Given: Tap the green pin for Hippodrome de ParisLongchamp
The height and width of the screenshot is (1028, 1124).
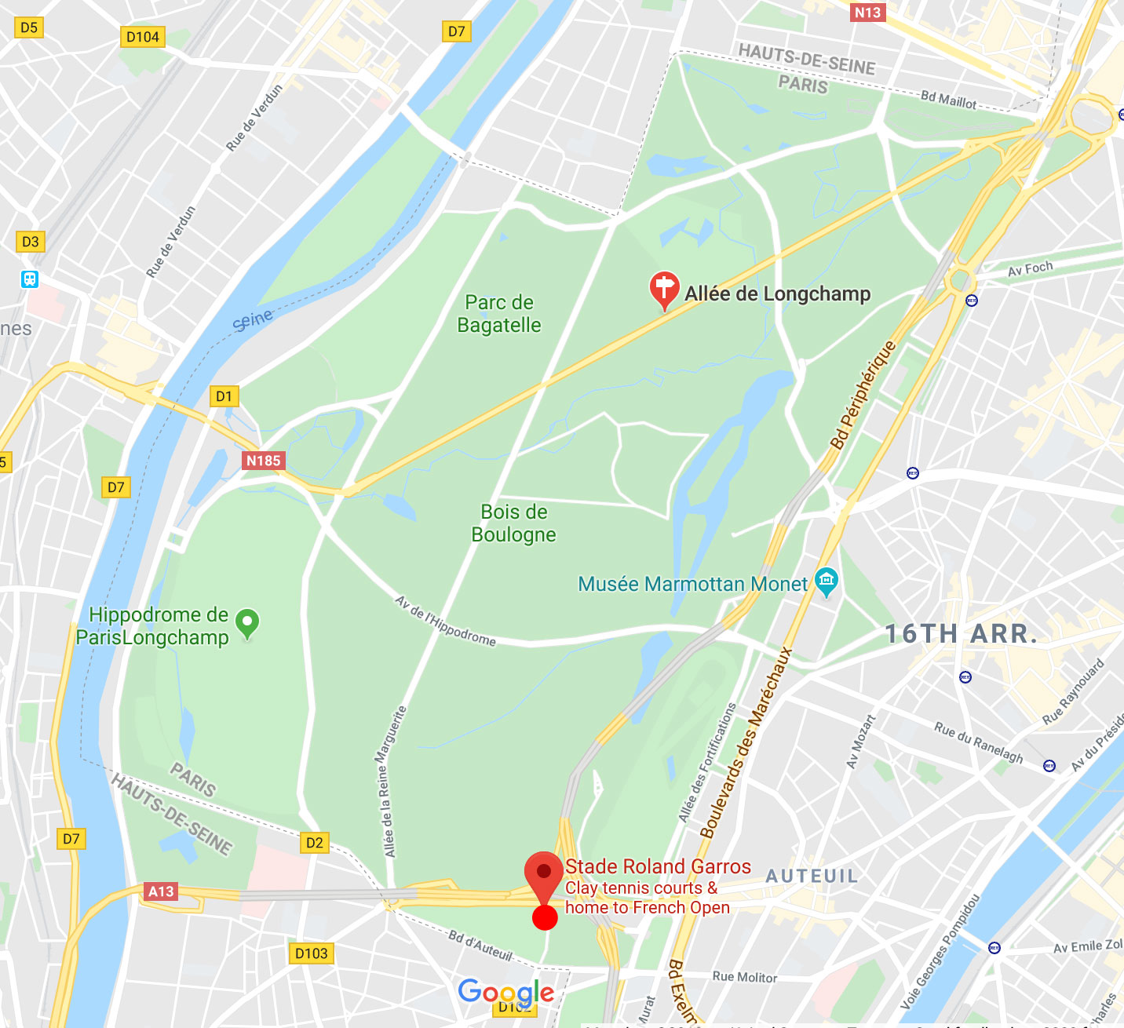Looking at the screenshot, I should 247,624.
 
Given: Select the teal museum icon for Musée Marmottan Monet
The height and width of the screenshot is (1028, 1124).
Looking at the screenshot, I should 826,581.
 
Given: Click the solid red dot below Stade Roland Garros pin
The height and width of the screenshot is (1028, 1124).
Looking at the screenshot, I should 545,917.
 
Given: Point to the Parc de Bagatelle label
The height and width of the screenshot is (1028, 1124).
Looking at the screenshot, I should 499,314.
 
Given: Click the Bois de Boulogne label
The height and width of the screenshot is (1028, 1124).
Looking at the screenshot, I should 513,523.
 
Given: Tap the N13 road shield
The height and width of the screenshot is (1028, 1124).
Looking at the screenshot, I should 867,13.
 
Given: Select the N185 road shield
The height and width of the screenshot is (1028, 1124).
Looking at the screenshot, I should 263,461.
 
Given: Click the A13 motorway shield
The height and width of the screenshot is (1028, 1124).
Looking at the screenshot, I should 161,891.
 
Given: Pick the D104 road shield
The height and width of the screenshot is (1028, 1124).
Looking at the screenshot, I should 143,37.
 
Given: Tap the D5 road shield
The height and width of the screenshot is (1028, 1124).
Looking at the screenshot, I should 29,27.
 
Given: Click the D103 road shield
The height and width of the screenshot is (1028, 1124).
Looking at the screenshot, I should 312,953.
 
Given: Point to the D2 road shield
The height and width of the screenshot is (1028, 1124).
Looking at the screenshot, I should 315,843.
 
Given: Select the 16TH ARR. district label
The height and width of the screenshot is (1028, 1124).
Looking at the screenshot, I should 962,634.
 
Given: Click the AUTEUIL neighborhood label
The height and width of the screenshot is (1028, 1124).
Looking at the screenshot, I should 812,876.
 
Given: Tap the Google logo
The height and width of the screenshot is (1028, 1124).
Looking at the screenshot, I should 506,992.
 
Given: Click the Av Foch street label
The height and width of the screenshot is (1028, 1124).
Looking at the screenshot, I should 1030,268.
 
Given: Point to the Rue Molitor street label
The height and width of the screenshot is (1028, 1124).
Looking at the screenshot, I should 744,977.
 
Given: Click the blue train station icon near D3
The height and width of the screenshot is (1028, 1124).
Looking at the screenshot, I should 30,279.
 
